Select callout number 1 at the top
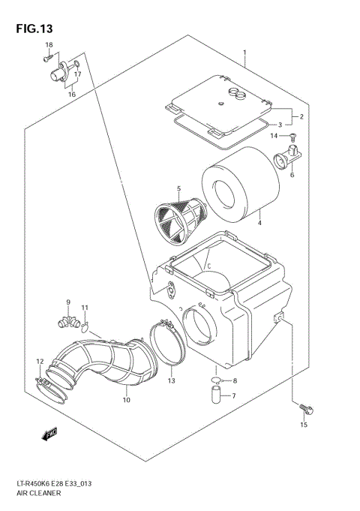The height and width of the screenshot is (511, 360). click(x=244, y=53)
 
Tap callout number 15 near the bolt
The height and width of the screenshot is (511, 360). click(x=304, y=425)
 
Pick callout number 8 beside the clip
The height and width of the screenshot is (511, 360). click(x=234, y=381)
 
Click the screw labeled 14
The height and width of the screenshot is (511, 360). click(x=292, y=136)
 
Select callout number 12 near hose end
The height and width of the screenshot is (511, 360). click(x=39, y=362)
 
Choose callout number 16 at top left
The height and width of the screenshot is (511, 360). click(x=72, y=95)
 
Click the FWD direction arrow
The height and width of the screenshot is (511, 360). click(x=51, y=433)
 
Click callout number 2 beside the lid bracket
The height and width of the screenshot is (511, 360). click(x=301, y=117)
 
